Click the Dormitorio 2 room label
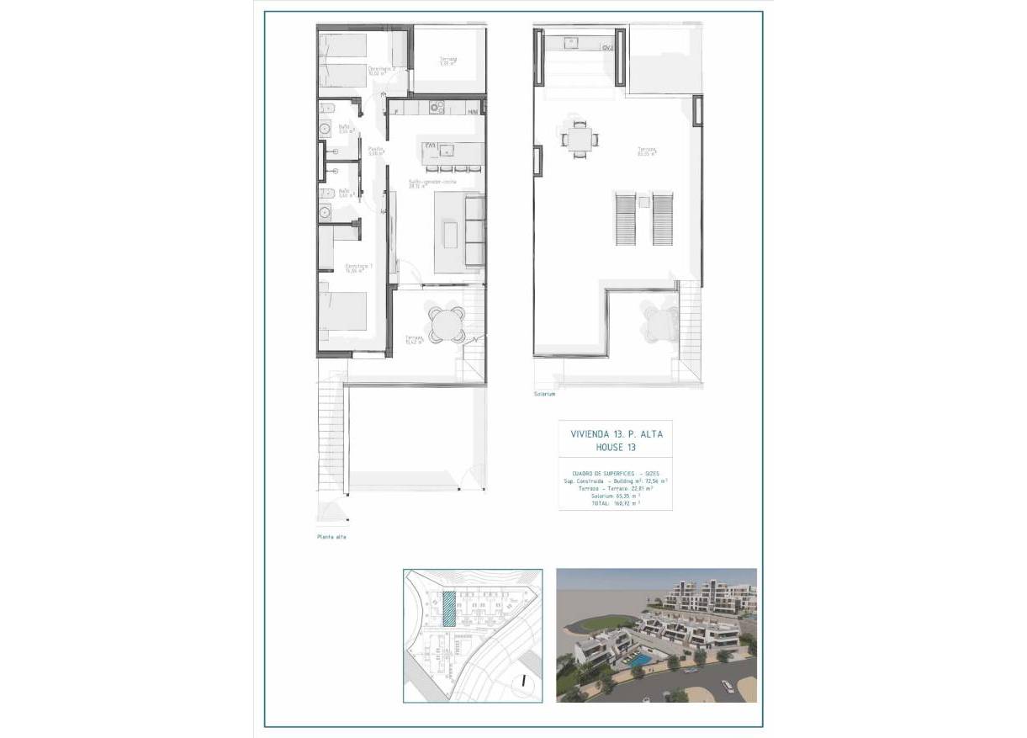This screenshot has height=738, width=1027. [x=381, y=71]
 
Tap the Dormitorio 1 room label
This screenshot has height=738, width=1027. [x=359, y=268]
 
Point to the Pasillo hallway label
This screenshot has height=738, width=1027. [x=376, y=151]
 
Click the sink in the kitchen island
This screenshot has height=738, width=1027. [x=447, y=150]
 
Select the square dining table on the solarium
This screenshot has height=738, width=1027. [x=576, y=139]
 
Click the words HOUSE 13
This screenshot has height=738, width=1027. [x=616, y=447]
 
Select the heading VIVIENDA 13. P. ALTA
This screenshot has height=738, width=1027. [x=617, y=433]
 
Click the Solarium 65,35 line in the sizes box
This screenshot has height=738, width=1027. [x=617, y=496]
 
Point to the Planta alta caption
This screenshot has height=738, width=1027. [x=332, y=536]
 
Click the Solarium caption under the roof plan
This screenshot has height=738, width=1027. [x=545, y=393]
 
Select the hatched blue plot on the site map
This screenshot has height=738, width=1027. [x=449, y=608]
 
